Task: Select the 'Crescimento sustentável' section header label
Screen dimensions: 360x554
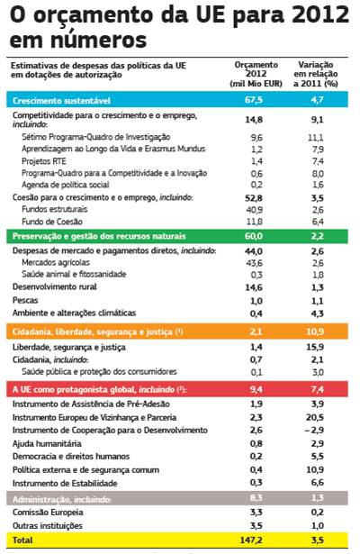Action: point(61,101)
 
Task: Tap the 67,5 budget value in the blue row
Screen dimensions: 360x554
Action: point(254,100)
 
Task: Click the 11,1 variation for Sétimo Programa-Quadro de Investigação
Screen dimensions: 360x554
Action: point(316,138)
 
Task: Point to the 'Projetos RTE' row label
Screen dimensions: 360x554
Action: point(44,161)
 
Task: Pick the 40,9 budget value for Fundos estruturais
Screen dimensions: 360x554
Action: point(254,210)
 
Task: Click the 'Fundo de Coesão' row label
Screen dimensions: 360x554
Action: point(52,222)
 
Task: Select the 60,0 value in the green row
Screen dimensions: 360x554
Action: point(254,236)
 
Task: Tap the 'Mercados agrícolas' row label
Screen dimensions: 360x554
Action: point(56,262)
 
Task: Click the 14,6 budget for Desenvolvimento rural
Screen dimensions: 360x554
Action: point(254,287)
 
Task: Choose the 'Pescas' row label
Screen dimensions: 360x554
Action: point(25,300)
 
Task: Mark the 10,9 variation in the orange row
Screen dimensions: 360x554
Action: point(315,331)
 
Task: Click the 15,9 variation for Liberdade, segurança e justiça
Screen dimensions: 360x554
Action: point(315,347)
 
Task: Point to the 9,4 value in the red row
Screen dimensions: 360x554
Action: point(256,389)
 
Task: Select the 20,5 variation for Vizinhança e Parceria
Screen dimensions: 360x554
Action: point(315,417)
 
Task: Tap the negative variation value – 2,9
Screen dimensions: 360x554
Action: point(314,430)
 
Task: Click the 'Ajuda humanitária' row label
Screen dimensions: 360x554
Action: point(47,443)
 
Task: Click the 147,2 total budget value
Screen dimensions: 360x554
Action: point(251,540)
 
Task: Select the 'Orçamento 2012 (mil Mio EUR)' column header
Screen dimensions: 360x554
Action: point(256,74)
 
